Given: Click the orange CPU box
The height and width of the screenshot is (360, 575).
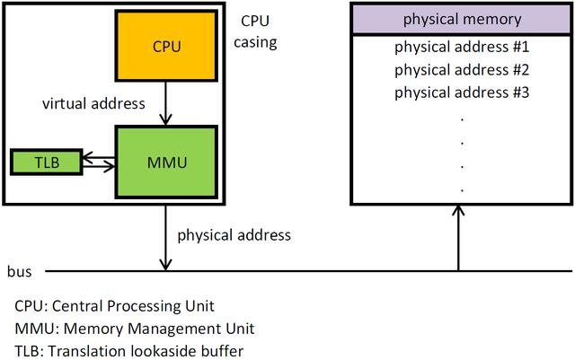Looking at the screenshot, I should coord(167,45).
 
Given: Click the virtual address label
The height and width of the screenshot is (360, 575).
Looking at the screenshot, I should coord(93,103).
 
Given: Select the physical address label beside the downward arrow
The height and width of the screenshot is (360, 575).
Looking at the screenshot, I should coord(234,235).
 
